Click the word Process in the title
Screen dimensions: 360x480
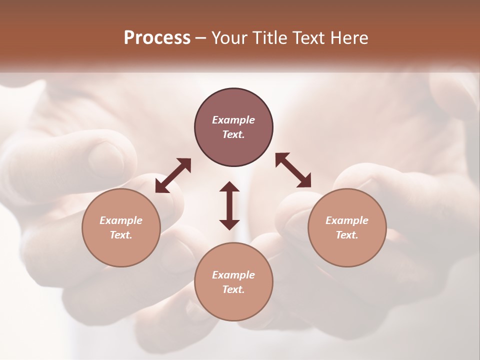pyautogui.click(x=157, y=38)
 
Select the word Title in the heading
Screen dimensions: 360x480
pyautogui.click(x=272, y=38)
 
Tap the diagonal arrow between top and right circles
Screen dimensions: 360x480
pyautogui.click(x=293, y=170)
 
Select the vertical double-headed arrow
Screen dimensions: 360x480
pyautogui.click(x=229, y=205)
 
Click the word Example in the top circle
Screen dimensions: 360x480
pyautogui.click(x=233, y=120)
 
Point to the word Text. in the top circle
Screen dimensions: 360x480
pyautogui.click(x=233, y=134)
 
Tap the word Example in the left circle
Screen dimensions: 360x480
pyautogui.click(x=121, y=220)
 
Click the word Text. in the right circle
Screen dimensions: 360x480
pyautogui.click(x=347, y=235)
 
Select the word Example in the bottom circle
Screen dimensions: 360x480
pyautogui.click(x=233, y=275)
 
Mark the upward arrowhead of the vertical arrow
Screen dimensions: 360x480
pyautogui.click(x=229, y=186)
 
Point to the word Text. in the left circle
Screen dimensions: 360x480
pyautogui.click(x=121, y=235)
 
